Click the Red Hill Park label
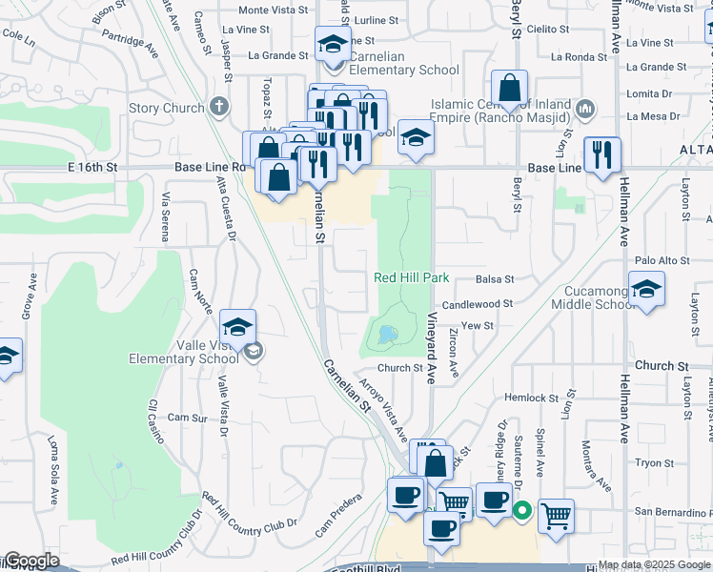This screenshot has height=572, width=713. pos(411,277)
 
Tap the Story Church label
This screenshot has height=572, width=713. pos(167,108)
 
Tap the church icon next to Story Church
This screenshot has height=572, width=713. pos(219,106)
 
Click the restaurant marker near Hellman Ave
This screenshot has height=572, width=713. pos(602,154)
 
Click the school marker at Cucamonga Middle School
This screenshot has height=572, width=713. pos(646,292)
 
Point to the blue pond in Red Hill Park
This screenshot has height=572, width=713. pos(386,335)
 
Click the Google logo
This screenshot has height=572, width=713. pos(31,561)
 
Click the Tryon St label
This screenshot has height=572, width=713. pos(655,462)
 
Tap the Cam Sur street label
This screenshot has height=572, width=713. pos(187,418)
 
